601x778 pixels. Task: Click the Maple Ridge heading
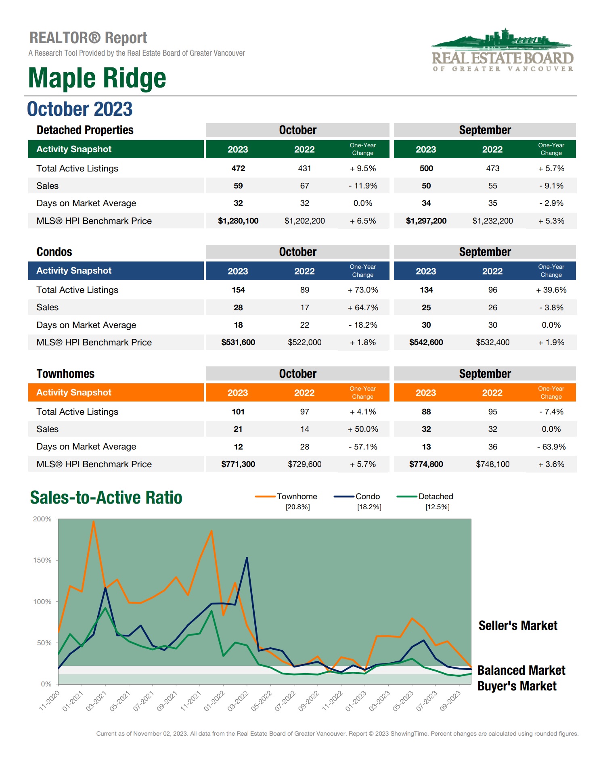(x=97, y=78)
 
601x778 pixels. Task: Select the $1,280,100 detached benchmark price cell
(x=238, y=221)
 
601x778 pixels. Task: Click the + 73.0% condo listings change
(x=363, y=290)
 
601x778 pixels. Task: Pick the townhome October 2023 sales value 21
(x=238, y=429)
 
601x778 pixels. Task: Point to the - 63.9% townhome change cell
(x=551, y=447)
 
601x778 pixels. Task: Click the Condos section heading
(x=54, y=252)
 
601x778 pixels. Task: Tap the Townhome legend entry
(x=297, y=496)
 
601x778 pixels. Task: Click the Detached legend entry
(x=435, y=496)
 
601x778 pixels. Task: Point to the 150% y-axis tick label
(x=42, y=560)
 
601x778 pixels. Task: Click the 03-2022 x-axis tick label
(x=238, y=701)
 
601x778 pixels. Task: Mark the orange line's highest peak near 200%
(x=94, y=521)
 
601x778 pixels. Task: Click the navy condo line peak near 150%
(x=247, y=558)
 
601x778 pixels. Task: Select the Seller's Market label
(x=517, y=625)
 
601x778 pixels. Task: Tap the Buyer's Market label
(x=517, y=686)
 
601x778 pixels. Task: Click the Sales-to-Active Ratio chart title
(x=106, y=498)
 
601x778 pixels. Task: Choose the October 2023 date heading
(x=80, y=109)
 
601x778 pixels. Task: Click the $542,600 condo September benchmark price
(x=426, y=342)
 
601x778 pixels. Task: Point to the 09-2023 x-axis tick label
(x=450, y=701)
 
